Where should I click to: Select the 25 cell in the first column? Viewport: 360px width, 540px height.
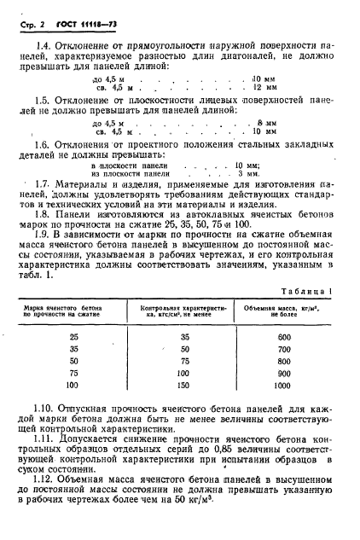(72, 337)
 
